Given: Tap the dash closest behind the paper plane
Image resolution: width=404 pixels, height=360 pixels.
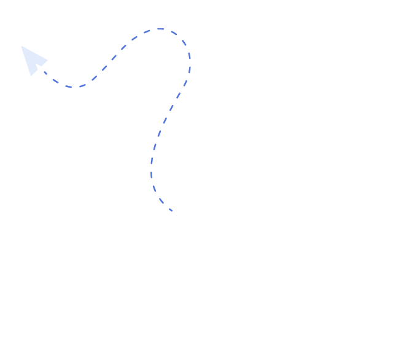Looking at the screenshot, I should [x=44, y=72].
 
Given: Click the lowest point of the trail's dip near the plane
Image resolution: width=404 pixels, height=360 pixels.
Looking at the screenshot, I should [x=72, y=87].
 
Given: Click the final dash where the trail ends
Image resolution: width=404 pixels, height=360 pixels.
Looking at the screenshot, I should [x=169, y=209].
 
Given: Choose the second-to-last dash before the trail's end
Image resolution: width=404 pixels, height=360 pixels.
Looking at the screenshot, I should [x=161, y=201].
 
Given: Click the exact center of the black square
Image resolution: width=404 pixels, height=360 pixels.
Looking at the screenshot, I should [x=106, y=120].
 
